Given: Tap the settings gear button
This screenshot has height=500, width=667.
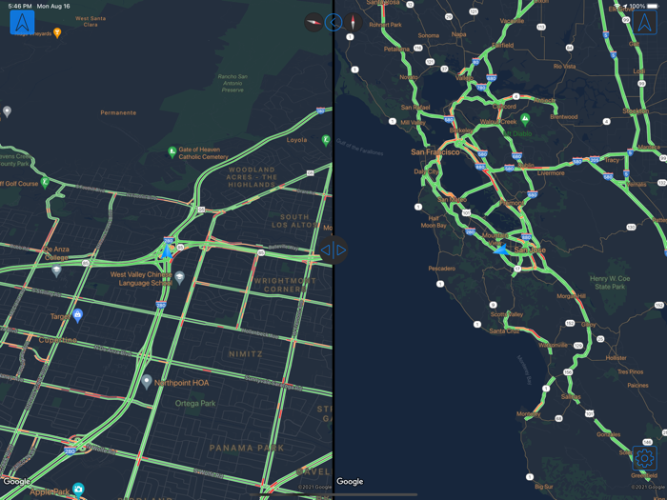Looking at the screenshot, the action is (645, 458).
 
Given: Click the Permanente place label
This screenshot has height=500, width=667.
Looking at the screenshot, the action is (118, 112).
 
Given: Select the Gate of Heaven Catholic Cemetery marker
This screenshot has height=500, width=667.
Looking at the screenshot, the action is (172, 151).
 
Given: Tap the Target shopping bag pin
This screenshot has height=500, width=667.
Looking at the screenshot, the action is (78, 315).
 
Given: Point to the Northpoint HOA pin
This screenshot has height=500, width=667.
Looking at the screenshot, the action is (147, 381).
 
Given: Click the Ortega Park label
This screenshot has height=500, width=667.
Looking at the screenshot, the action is (195, 403).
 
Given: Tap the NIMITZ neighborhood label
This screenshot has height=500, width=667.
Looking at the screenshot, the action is (245, 353).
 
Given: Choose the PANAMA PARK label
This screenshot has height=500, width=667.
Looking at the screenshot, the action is (247, 448).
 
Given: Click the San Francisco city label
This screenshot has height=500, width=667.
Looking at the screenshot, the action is (435, 151).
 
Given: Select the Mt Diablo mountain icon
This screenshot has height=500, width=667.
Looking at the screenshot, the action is (526, 119).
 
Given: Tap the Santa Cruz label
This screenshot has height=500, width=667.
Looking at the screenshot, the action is (504, 330).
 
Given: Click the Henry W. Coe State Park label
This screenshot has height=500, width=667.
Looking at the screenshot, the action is (610, 282).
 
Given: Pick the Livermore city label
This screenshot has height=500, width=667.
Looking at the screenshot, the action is (551, 172).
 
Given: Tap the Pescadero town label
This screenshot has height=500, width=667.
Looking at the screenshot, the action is (441, 269).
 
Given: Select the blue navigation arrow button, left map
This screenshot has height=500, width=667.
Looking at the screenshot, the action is (22, 22).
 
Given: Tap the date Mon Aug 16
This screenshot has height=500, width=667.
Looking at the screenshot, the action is (54, 6).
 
